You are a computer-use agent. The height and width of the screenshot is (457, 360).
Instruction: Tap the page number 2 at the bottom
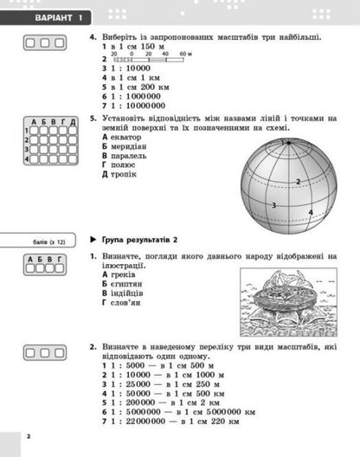point(29,435)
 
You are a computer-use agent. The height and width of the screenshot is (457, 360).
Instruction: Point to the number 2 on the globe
point(297,181)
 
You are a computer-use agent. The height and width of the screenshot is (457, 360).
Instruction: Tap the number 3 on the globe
point(273,205)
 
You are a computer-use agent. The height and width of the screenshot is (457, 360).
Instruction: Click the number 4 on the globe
point(310,210)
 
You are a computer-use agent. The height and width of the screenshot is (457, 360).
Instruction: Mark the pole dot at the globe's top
point(286,141)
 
